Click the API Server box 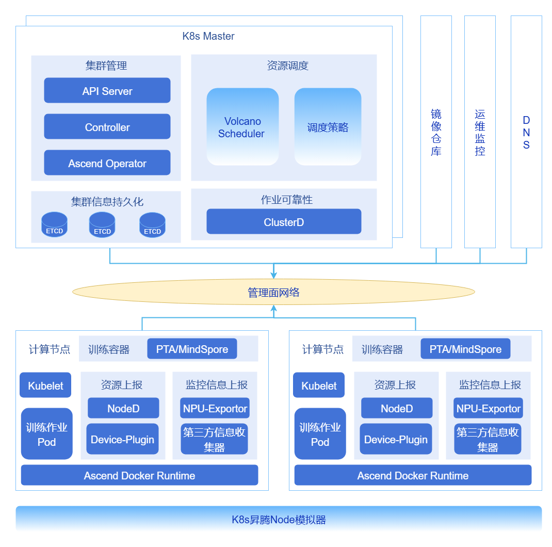coord(107,91)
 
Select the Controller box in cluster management coord(107,127)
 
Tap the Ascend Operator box coord(107,163)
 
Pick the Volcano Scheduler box coord(242,127)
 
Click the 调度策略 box coord(328,127)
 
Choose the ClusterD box coord(284,222)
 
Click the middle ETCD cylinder coord(102,225)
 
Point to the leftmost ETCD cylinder coord(55,225)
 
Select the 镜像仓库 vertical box coord(436,132)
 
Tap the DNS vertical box coord(526,132)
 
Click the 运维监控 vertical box coord(480,132)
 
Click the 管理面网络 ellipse coord(273,293)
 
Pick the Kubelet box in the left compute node coord(45,385)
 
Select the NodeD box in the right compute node coord(397,408)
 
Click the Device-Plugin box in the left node coord(122,439)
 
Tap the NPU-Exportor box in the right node coord(488,408)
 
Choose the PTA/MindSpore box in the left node coord(192,349)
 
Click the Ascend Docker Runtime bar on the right coord(413,475)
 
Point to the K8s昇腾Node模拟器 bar coord(279,519)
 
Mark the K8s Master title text coord(208,36)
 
